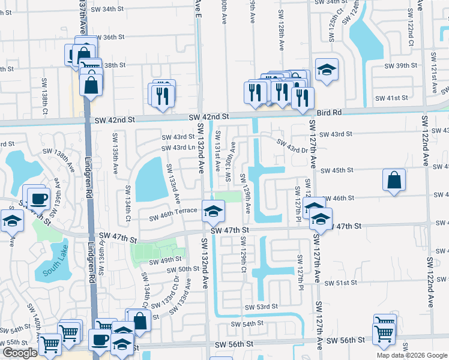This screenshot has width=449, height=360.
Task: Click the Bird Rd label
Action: click(329, 112)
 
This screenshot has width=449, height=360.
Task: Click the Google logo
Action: click(19, 353)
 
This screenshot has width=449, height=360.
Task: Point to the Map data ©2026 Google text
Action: click(412, 355)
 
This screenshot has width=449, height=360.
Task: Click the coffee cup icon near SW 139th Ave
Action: click(39, 197)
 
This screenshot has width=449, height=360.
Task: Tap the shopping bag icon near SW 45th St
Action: click(394, 180)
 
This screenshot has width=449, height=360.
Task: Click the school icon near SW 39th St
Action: click(327, 70)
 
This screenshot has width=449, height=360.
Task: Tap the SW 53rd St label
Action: click(261, 307)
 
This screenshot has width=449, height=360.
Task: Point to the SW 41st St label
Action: click(391, 98)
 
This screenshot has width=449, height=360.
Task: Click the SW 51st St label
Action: click(340, 283)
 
